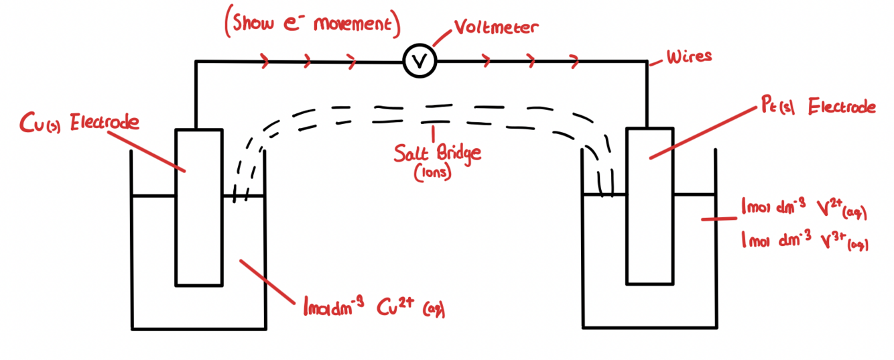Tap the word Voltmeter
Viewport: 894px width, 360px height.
[496, 26]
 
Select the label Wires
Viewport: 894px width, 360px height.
[689, 56]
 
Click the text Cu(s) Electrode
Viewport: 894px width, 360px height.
[80, 122]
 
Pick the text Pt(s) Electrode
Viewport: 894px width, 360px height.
[818, 106]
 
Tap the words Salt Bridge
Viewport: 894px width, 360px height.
[438, 153]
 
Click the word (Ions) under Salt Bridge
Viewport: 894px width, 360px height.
[433, 173]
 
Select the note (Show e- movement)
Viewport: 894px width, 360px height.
[312, 23]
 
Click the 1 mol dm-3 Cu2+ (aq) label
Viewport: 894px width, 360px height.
[375, 306]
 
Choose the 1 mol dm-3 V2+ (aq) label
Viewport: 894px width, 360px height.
[804, 208]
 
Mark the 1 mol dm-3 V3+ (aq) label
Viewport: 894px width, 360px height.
[805, 240]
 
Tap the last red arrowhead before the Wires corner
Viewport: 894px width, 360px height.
[574, 61]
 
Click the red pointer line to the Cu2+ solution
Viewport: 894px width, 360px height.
[267, 282]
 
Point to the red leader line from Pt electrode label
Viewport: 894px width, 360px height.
[703, 133]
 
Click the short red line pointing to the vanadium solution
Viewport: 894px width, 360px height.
[719, 219]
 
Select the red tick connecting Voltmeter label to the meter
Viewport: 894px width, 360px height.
[442, 38]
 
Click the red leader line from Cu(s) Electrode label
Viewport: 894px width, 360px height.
[147, 152]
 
